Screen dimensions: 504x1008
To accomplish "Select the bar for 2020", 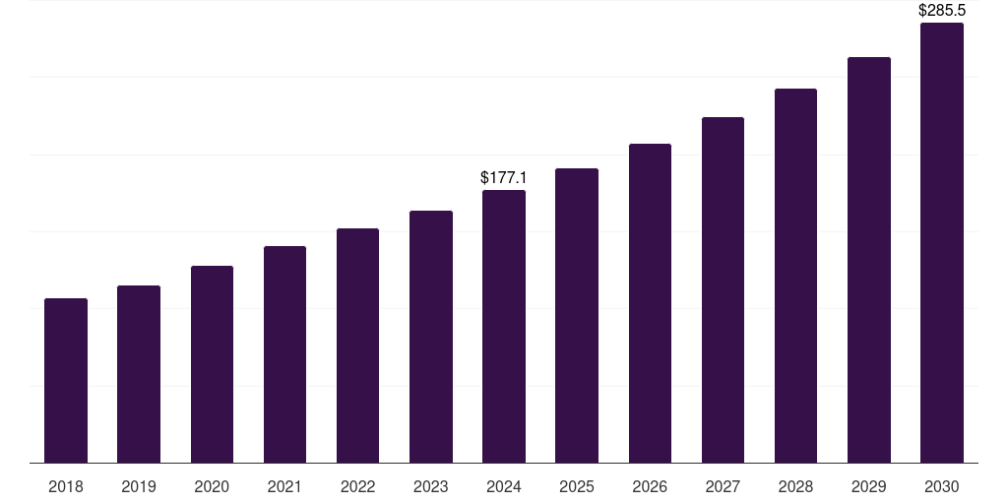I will (212, 364).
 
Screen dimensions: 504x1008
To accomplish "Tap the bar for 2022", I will (357, 346).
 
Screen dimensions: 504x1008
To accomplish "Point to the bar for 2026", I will (650, 303).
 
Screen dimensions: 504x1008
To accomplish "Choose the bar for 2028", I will (795, 276).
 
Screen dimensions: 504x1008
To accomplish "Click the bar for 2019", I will (139, 374).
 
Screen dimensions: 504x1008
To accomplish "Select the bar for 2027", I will (723, 289).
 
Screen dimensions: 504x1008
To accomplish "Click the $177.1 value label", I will (504, 178).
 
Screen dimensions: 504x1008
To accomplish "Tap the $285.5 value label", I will (942, 11).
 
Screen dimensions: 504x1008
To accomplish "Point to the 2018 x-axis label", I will (66, 487).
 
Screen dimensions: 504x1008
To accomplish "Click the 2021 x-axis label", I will (284, 487).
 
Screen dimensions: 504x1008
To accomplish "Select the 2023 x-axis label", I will (431, 487).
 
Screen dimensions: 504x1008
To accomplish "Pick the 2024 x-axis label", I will (504, 487).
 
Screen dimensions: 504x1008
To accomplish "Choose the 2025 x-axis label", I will (577, 487).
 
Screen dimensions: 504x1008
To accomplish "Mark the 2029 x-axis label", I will (869, 487).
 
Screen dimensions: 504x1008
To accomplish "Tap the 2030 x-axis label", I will (942, 487).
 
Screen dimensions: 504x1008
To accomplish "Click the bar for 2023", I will (431, 337).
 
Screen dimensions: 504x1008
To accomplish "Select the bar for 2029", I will (869, 260).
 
